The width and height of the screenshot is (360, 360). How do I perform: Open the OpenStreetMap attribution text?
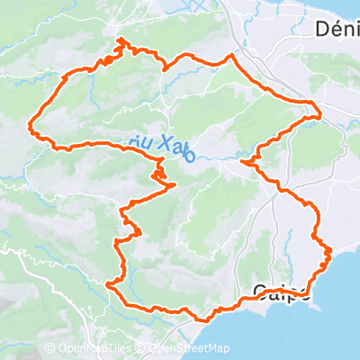[189, 348]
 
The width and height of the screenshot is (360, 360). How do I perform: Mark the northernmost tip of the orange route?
[120, 40]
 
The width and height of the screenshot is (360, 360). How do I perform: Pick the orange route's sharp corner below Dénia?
[320, 113]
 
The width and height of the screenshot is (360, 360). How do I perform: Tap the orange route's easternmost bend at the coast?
[330, 250]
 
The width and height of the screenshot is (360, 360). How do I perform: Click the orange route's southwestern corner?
[109, 284]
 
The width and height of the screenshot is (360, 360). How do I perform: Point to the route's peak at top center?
[231, 55]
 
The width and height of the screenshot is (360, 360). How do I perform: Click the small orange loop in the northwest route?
[108, 60]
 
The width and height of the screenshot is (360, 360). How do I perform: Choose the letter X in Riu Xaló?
[166, 143]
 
